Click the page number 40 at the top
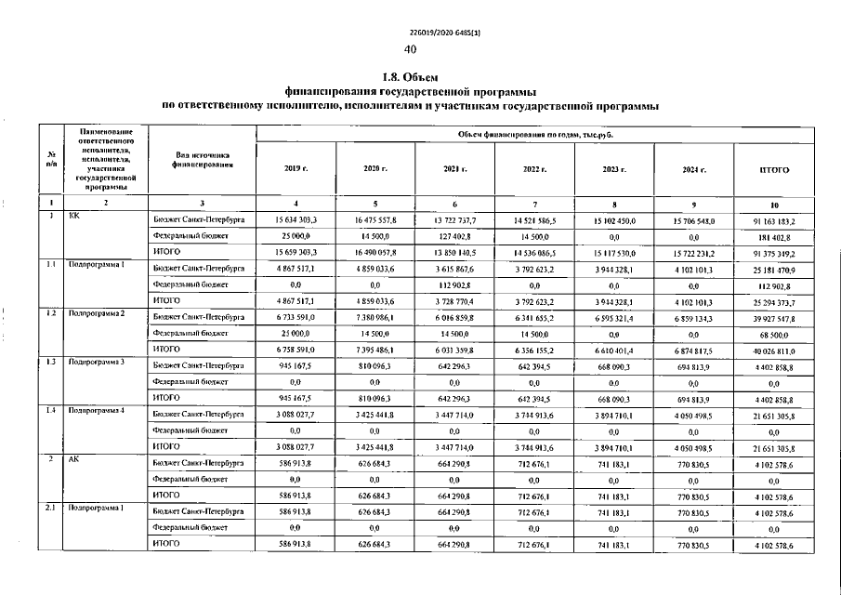411,49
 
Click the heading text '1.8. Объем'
411,77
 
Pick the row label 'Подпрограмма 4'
97,411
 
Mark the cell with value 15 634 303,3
296,220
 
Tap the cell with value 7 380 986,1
375,317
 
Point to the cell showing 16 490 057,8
375,253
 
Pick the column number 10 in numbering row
774,204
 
